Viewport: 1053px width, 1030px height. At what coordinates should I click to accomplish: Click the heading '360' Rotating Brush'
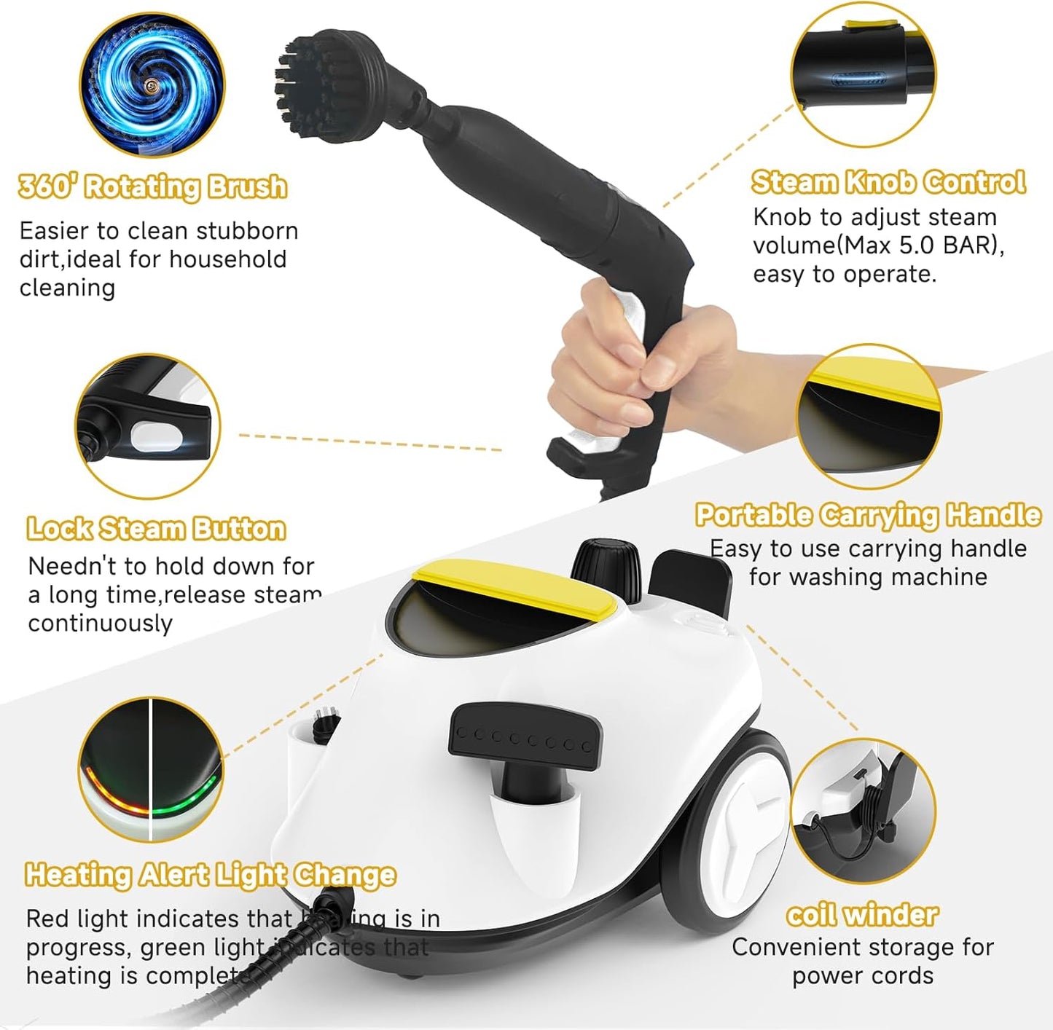[x=153, y=187]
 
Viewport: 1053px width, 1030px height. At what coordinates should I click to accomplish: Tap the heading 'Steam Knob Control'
[x=888, y=182]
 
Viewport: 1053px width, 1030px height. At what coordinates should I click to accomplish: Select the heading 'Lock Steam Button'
[x=156, y=529]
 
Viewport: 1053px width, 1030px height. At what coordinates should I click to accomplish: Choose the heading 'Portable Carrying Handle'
[x=868, y=515]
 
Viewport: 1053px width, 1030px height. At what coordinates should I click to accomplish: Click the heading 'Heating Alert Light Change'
[x=211, y=874]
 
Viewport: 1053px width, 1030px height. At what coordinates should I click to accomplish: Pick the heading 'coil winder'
[x=862, y=915]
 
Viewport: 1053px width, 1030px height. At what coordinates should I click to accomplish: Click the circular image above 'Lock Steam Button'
[x=148, y=427]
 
